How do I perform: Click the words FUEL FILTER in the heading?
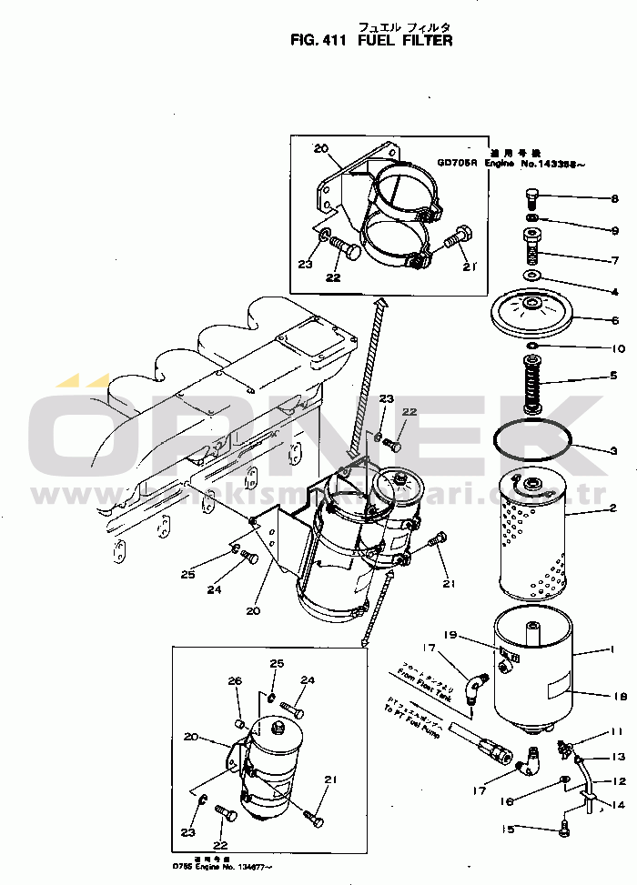(x=405, y=40)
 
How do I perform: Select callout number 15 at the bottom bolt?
(x=510, y=829)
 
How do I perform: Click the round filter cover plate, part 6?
(x=529, y=314)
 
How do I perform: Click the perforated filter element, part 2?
(x=532, y=537)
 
